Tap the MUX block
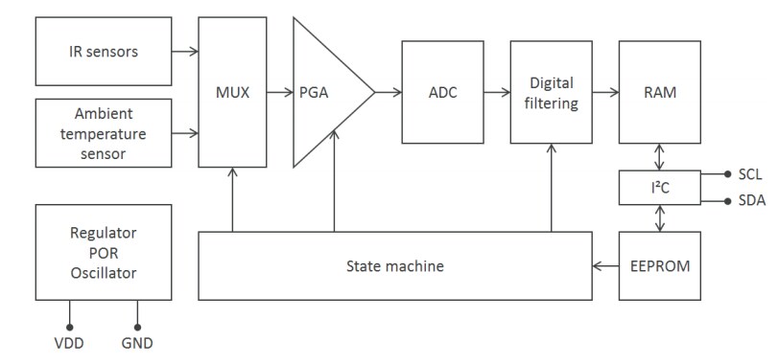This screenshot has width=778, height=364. (x=232, y=93)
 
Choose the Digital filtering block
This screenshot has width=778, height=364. (x=551, y=93)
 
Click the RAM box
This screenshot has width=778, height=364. (x=660, y=93)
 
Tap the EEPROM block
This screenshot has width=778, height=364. (x=660, y=266)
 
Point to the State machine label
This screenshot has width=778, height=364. (x=395, y=266)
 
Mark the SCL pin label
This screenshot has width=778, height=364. (x=751, y=174)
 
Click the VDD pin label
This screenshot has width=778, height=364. (x=70, y=342)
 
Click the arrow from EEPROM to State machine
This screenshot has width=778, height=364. (x=605, y=266)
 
